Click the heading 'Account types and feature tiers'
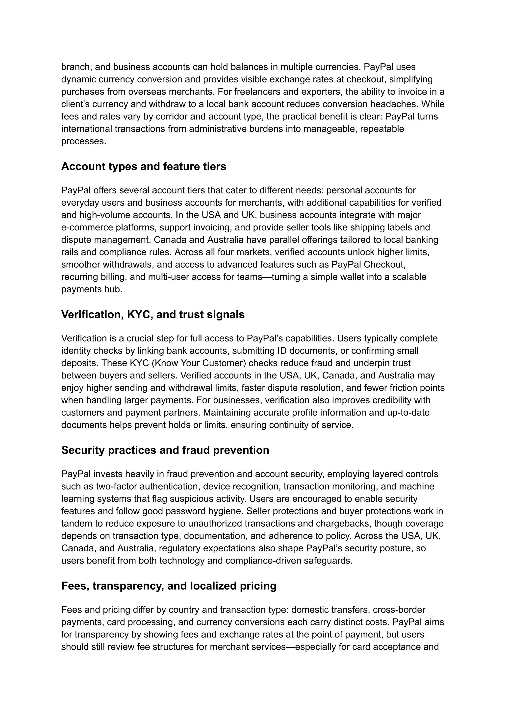144,166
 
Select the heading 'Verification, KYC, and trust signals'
153,314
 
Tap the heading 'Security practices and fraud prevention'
165,450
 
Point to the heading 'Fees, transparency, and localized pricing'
169,586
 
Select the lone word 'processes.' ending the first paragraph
84,141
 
